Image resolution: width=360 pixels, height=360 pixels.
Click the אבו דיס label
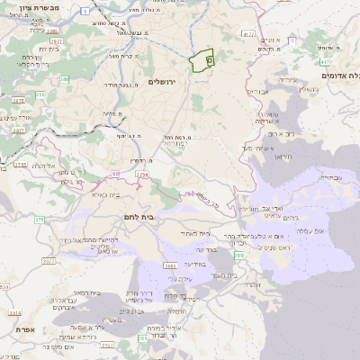[x=257, y=92]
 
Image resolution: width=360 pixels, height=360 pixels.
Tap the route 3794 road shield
[x=140, y=174]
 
